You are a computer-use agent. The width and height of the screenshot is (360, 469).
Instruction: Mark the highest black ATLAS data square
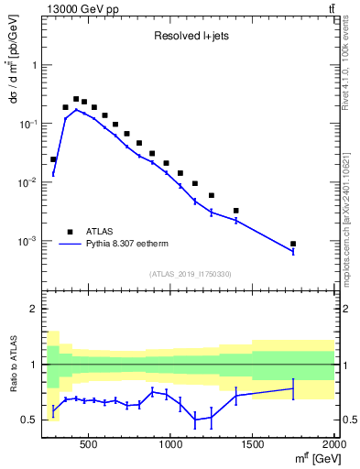(x=76, y=99)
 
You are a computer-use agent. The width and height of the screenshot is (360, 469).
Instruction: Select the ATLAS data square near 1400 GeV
(x=236, y=211)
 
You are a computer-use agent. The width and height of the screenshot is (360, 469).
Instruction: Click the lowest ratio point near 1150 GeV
(x=195, y=420)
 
